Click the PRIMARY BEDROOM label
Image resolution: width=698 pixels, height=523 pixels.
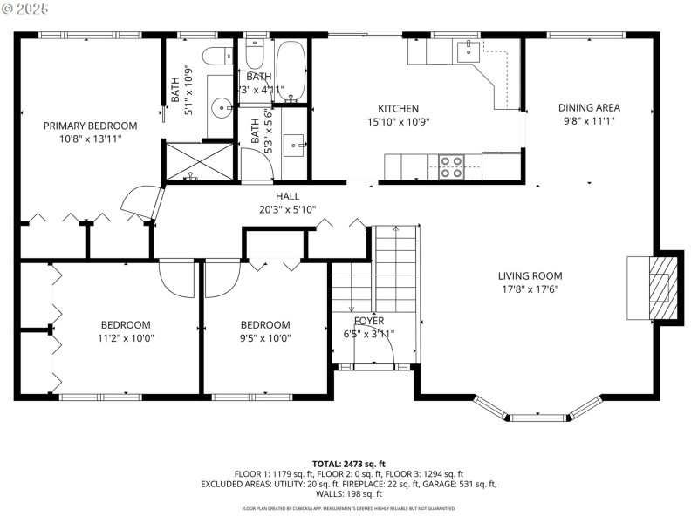coord(91,126)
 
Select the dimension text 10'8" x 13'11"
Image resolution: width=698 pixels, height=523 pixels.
coord(91,139)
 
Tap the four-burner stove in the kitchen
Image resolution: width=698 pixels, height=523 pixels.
coord(450,166)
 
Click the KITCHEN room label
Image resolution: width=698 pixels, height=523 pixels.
coord(399,109)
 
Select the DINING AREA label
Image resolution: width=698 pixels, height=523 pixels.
coord(589,108)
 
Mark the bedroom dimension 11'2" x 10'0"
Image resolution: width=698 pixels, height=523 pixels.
coord(125,338)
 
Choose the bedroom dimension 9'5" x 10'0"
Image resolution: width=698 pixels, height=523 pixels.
coord(265,338)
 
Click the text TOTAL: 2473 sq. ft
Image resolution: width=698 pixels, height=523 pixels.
coord(349,464)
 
